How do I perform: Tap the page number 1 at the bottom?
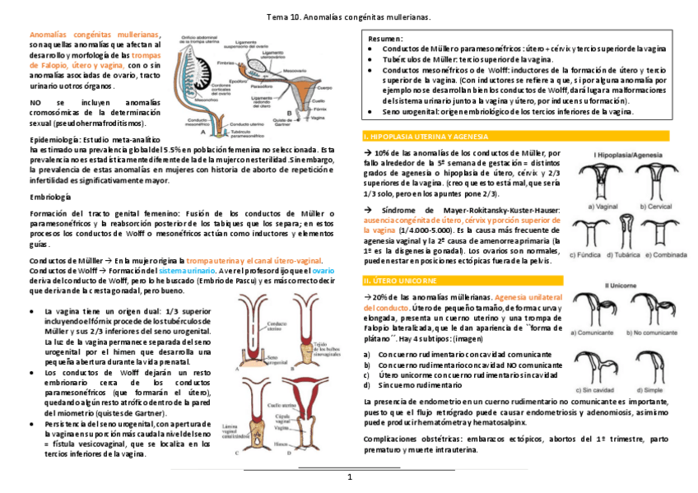[349, 477]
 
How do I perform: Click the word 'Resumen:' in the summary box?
[385, 39]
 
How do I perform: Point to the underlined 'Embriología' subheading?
[50, 198]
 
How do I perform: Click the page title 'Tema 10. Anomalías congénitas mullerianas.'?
[349, 16]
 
